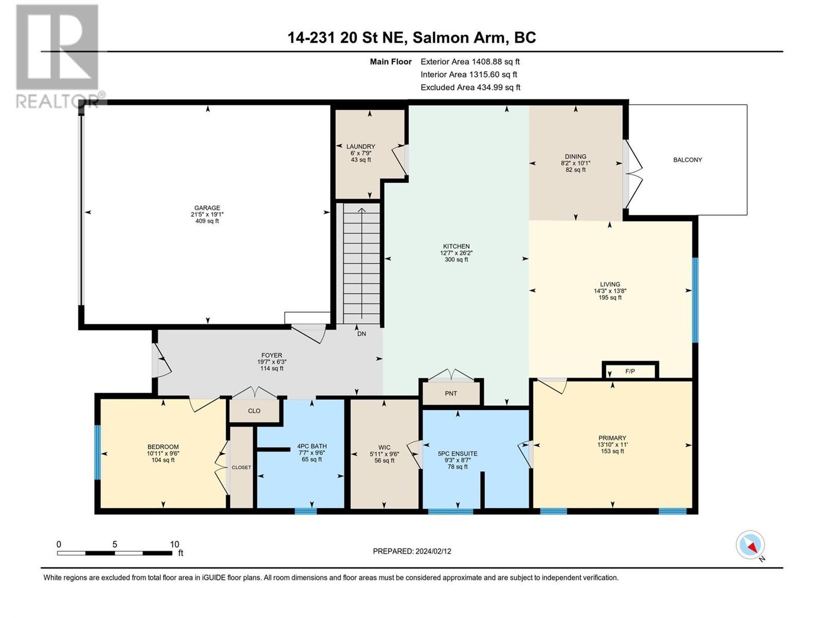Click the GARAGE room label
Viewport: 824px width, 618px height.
pyautogui.click(x=207, y=208)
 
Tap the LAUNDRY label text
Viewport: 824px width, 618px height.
pyautogui.click(x=360, y=147)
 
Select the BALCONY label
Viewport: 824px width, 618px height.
pyautogui.click(x=688, y=160)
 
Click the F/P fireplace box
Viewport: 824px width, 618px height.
pyautogui.click(x=630, y=371)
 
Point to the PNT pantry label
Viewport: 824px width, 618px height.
pyautogui.click(x=451, y=393)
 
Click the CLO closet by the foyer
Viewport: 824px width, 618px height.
pyautogui.click(x=254, y=411)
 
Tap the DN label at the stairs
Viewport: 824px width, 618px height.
pyautogui.click(x=362, y=334)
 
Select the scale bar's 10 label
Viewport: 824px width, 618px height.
pyautogui.click(x=175, y=544)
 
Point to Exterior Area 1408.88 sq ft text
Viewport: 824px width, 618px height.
pyautogui.click(x=470, y=61)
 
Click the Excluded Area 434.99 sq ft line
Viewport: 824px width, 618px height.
pyautogui.click(x=470, y=88)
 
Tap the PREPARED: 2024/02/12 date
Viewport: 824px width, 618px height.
pyautogui.click(x=412, y=551)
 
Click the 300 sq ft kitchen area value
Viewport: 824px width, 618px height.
pyautogui.click(x=456, y=260)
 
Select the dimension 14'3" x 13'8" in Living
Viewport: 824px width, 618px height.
pyautogui.click(x=610, y=290)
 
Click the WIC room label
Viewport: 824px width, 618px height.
pyautogui.click(x=384, y=448)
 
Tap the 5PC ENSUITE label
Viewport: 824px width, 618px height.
pyautogui.click(x=457, y=454)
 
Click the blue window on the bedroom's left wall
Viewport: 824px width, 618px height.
pyautogui.click(x=97, y=453)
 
